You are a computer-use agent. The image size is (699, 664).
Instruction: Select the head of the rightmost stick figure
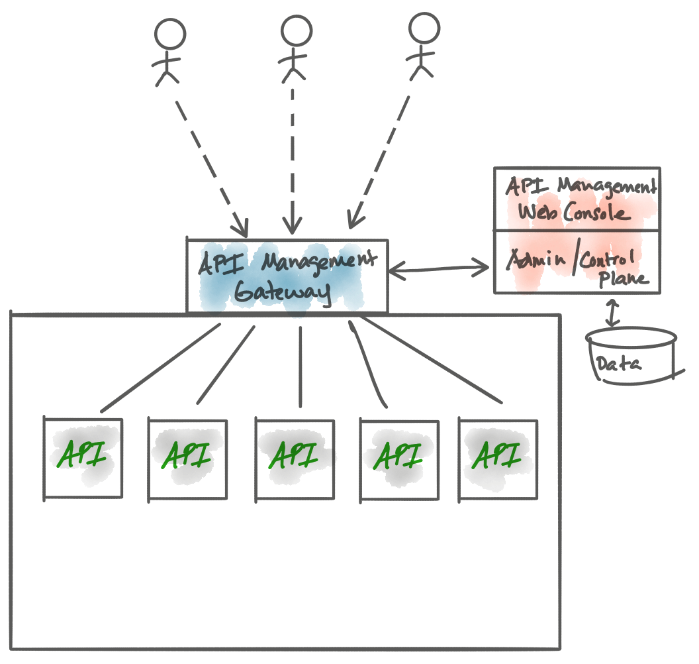coord(424,28)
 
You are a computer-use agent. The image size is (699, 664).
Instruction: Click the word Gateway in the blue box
coord(283,292)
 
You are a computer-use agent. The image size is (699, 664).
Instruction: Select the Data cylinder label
coord(618,363)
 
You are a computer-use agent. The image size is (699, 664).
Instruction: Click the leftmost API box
coord(83,458)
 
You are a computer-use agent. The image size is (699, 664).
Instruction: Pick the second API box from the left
coord(187,458)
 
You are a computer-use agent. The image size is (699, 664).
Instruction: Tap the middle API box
coord(295,458)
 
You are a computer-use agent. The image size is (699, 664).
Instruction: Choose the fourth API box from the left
coord(398,458)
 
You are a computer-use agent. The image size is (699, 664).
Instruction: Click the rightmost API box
coord(498,458)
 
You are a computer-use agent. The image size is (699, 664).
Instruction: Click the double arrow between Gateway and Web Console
coord(440,268)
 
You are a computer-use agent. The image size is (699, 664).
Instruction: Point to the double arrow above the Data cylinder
coord(613,313)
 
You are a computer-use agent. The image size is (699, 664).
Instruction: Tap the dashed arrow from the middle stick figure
coord(293,159)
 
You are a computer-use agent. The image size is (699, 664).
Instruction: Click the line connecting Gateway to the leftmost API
coord(161,368)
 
